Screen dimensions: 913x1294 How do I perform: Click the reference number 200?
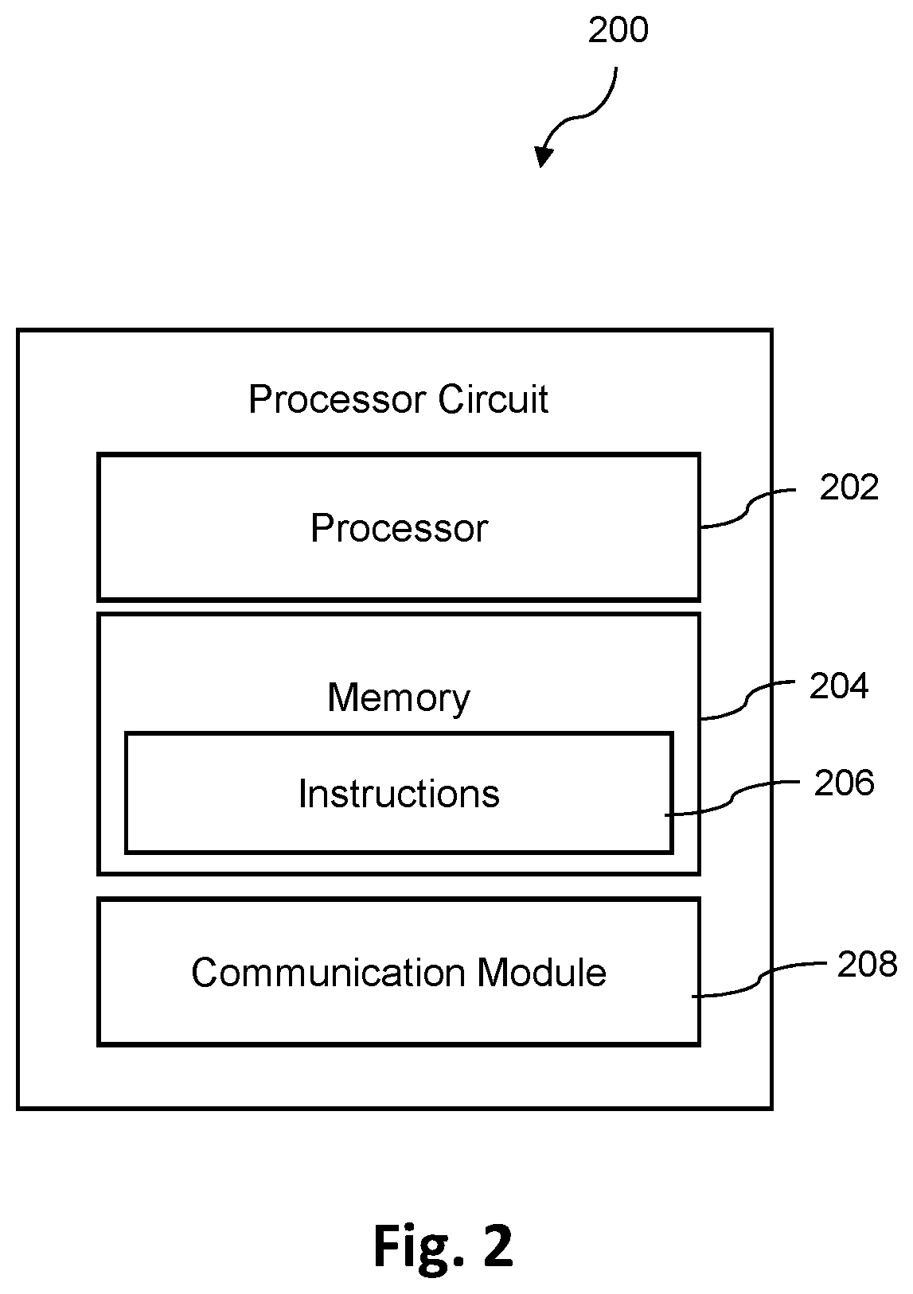[618, 30]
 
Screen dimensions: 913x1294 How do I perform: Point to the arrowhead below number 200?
[544, 156]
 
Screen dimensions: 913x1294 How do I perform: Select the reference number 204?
[838, 686]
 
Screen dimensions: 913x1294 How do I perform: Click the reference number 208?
[867, 964]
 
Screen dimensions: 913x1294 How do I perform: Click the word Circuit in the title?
[493, 399]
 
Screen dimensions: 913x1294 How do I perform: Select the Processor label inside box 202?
[400, 528]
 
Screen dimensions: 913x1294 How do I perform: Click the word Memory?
[398, 698]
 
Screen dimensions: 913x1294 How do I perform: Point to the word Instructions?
[399, 794]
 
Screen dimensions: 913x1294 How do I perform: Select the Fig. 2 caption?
[443, 1245]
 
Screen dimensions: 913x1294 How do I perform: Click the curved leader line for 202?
[747, 508]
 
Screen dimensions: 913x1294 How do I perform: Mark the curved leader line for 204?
[747, 700]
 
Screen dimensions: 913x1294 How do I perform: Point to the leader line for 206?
[732, 799]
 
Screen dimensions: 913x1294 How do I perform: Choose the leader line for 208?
[759, 981]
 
